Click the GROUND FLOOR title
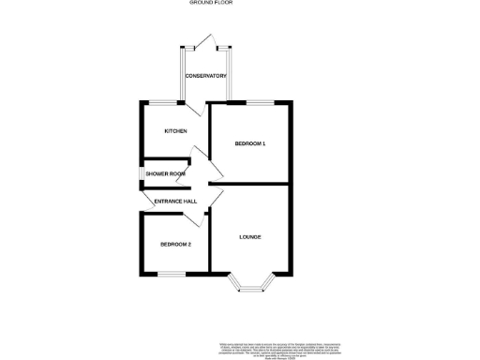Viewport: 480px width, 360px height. tap(211, 4)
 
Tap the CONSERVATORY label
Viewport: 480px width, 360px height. tap(206, 76)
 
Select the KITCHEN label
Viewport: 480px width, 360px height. tap(175, 131)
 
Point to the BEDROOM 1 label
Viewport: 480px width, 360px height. tap(250, 143)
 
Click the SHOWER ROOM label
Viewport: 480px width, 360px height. tap(165, 173)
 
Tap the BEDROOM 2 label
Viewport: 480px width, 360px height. tap(175, 245)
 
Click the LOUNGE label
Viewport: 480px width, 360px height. tap(249, 236)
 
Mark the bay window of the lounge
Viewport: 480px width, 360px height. tap(253, 284)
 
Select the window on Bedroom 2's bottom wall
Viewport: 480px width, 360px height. tap(172, 274)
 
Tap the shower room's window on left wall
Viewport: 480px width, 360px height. tap(141, 173)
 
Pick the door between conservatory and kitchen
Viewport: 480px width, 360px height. tap(193, 108)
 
